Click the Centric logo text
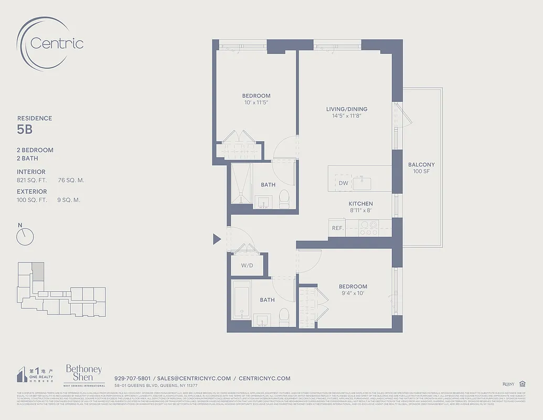point(57,43)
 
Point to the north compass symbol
point(25,236)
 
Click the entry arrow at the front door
point(216,239)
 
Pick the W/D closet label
point(247,266)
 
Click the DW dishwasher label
point(343,183)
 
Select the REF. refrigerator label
point(337,228)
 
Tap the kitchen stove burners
point(370,228)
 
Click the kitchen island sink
point(362,183)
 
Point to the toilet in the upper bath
point(284,198)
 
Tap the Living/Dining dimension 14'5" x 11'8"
point(346,115)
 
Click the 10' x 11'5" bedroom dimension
point(256,102)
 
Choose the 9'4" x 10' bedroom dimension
point(353,293)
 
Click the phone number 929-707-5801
point(132,378)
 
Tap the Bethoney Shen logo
point(83,374)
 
